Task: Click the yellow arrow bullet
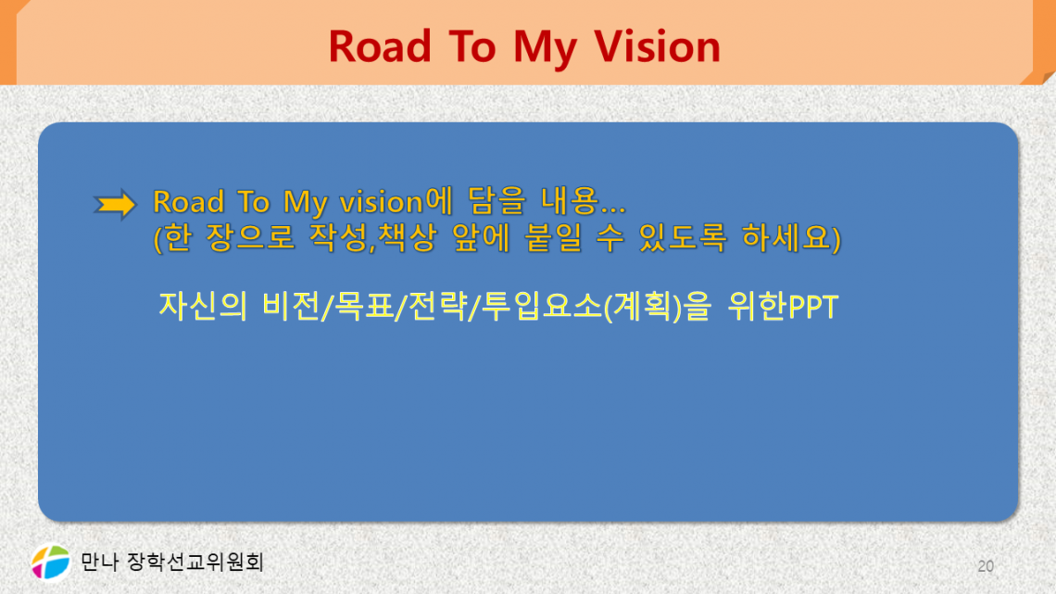(116, 205)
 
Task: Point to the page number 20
(985, 565)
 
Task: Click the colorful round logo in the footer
(51, 562)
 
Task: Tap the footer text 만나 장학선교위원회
(172, 562)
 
